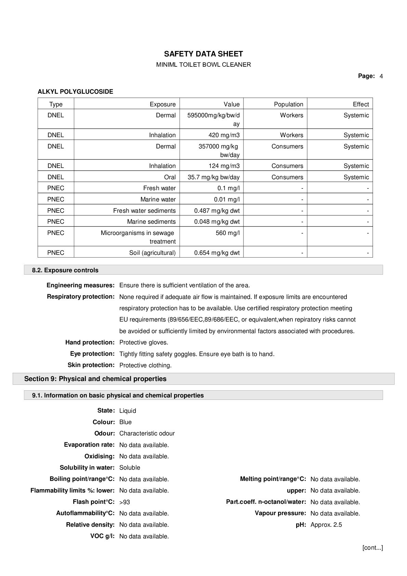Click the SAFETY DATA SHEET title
(203, 54)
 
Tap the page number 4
(381, 76)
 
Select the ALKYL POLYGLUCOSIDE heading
(75, 92)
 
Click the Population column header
(288, 104)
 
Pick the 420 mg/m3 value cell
(224, 135)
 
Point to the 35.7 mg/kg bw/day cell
(213, 177)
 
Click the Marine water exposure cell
(158, 199)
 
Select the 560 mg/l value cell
(227, 233)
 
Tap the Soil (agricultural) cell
(152, 253)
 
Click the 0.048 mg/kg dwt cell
(217, 222)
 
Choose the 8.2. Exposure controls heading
(65, 270)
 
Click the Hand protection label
(90, 342)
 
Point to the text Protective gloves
(144, 343)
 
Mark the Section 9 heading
(95, 379)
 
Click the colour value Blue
(126, 422)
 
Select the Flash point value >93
(124, 502)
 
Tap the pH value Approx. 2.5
(326, 525)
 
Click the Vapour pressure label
(280, 513)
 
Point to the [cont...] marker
(372, 548)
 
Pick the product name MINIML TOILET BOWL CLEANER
(203, 65)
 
